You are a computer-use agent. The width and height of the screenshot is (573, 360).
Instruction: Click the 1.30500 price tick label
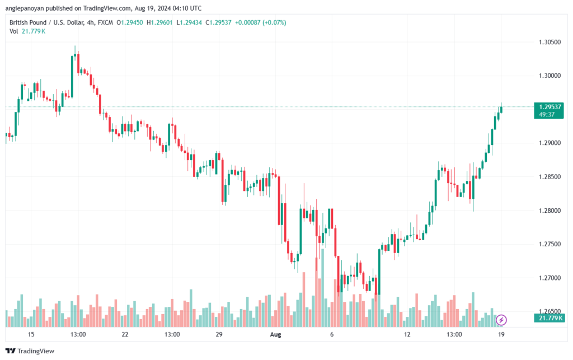(x=549, y=42)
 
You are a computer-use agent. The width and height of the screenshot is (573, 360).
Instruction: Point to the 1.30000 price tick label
(x=549, y=76)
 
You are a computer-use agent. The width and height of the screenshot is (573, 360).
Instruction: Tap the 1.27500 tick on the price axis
(x=549, y=244)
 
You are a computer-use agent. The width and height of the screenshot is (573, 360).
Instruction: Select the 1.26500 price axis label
(x=549, y=311)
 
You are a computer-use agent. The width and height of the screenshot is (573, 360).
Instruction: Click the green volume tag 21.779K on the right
(x=551, y=318)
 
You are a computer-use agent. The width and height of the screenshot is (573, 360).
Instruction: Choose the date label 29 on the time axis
(x=219, y=334)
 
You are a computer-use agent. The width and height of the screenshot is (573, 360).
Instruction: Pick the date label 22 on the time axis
(x=125, y=334)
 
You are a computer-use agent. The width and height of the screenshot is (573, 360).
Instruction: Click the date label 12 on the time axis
(x=407, y=334)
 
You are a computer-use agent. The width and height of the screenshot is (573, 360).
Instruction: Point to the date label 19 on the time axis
(x=501, y=334)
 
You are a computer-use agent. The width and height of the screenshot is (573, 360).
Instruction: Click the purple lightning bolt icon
(x=502, y=320)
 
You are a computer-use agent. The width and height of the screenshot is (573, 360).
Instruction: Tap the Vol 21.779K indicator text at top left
(x=27, y=31)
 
